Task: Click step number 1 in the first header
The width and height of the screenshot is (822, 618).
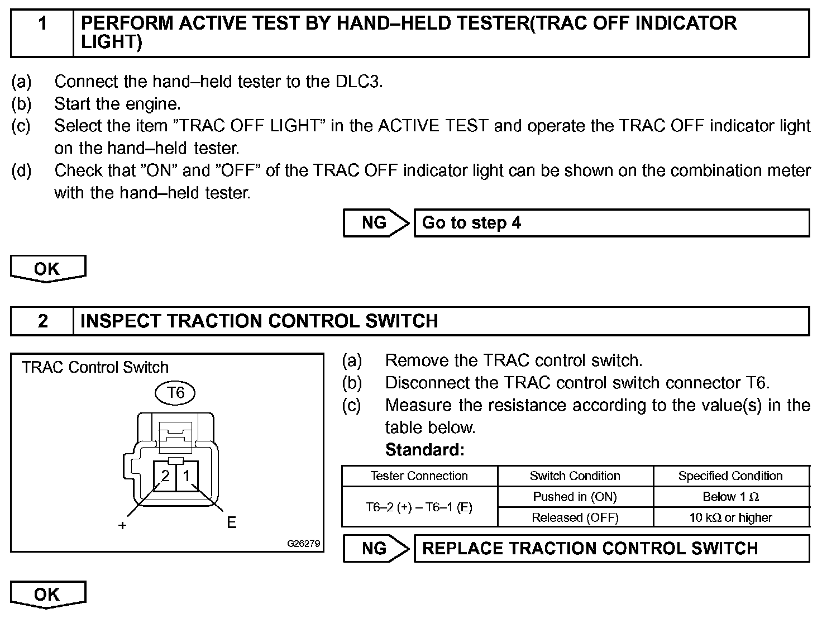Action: (x=42, y=23)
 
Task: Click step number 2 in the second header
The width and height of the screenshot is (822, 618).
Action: (x=42, y=321)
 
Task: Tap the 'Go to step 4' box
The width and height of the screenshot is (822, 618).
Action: (x=611, y=223)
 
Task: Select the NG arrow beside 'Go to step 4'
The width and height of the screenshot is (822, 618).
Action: (x=376, y=223)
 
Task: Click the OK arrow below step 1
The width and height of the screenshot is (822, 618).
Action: (x=48, y=269)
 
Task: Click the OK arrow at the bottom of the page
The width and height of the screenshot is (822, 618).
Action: (x=48, y=595)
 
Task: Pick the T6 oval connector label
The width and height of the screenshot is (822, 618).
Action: (x=175, y=393)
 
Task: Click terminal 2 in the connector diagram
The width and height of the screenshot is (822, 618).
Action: (x=165, y=476)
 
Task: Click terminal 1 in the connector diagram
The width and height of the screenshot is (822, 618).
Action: (x=187, y=476)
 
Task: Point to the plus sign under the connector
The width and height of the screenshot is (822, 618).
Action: (x=122, y=525)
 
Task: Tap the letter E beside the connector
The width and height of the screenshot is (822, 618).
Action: (x=231, y=523)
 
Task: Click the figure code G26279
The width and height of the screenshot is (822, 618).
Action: (x=304, y=543)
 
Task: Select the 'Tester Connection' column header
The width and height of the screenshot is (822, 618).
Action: (x=419, y=476)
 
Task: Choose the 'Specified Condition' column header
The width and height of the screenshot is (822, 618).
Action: (x=730, y=476)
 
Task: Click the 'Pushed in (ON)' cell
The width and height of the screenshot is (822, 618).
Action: (x=575, y=497)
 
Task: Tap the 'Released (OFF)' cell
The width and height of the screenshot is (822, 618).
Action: (x=575, y=517)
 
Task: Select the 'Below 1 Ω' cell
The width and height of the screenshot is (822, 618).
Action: (x=730, y=497)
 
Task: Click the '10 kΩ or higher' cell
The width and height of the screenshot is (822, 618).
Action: (x=730, y=517)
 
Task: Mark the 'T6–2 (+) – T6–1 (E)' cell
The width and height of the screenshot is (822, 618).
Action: (x=419, y=507)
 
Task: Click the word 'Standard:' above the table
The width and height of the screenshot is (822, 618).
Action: (x=425, y=450)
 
